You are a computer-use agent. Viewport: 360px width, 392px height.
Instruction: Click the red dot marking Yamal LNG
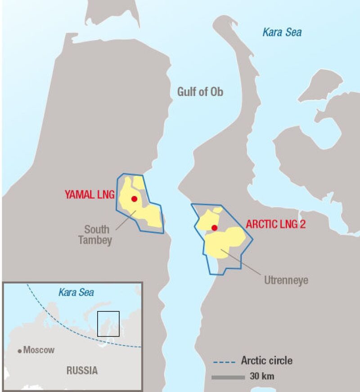point(134,199)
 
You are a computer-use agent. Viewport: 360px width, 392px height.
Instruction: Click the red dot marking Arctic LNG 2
point(215,228)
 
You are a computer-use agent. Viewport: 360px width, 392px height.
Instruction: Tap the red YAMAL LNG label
point(90,195)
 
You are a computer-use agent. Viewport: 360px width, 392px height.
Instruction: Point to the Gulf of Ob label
point(200,92)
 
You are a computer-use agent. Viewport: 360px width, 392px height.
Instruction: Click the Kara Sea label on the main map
point(282,32)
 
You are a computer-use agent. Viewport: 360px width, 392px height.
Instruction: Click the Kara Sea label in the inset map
point(76,292)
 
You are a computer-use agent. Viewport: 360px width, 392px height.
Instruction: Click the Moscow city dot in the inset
point(20,350)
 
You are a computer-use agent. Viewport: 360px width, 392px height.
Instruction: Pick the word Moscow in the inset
point(39,350)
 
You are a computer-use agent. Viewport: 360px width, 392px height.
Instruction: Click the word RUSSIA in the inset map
point(82,371)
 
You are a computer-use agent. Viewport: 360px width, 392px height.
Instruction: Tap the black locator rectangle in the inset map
point(108,324)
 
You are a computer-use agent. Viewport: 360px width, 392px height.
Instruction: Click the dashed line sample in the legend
point(223,361)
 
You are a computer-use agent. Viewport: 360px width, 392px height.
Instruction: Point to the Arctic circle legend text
point(266,360)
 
